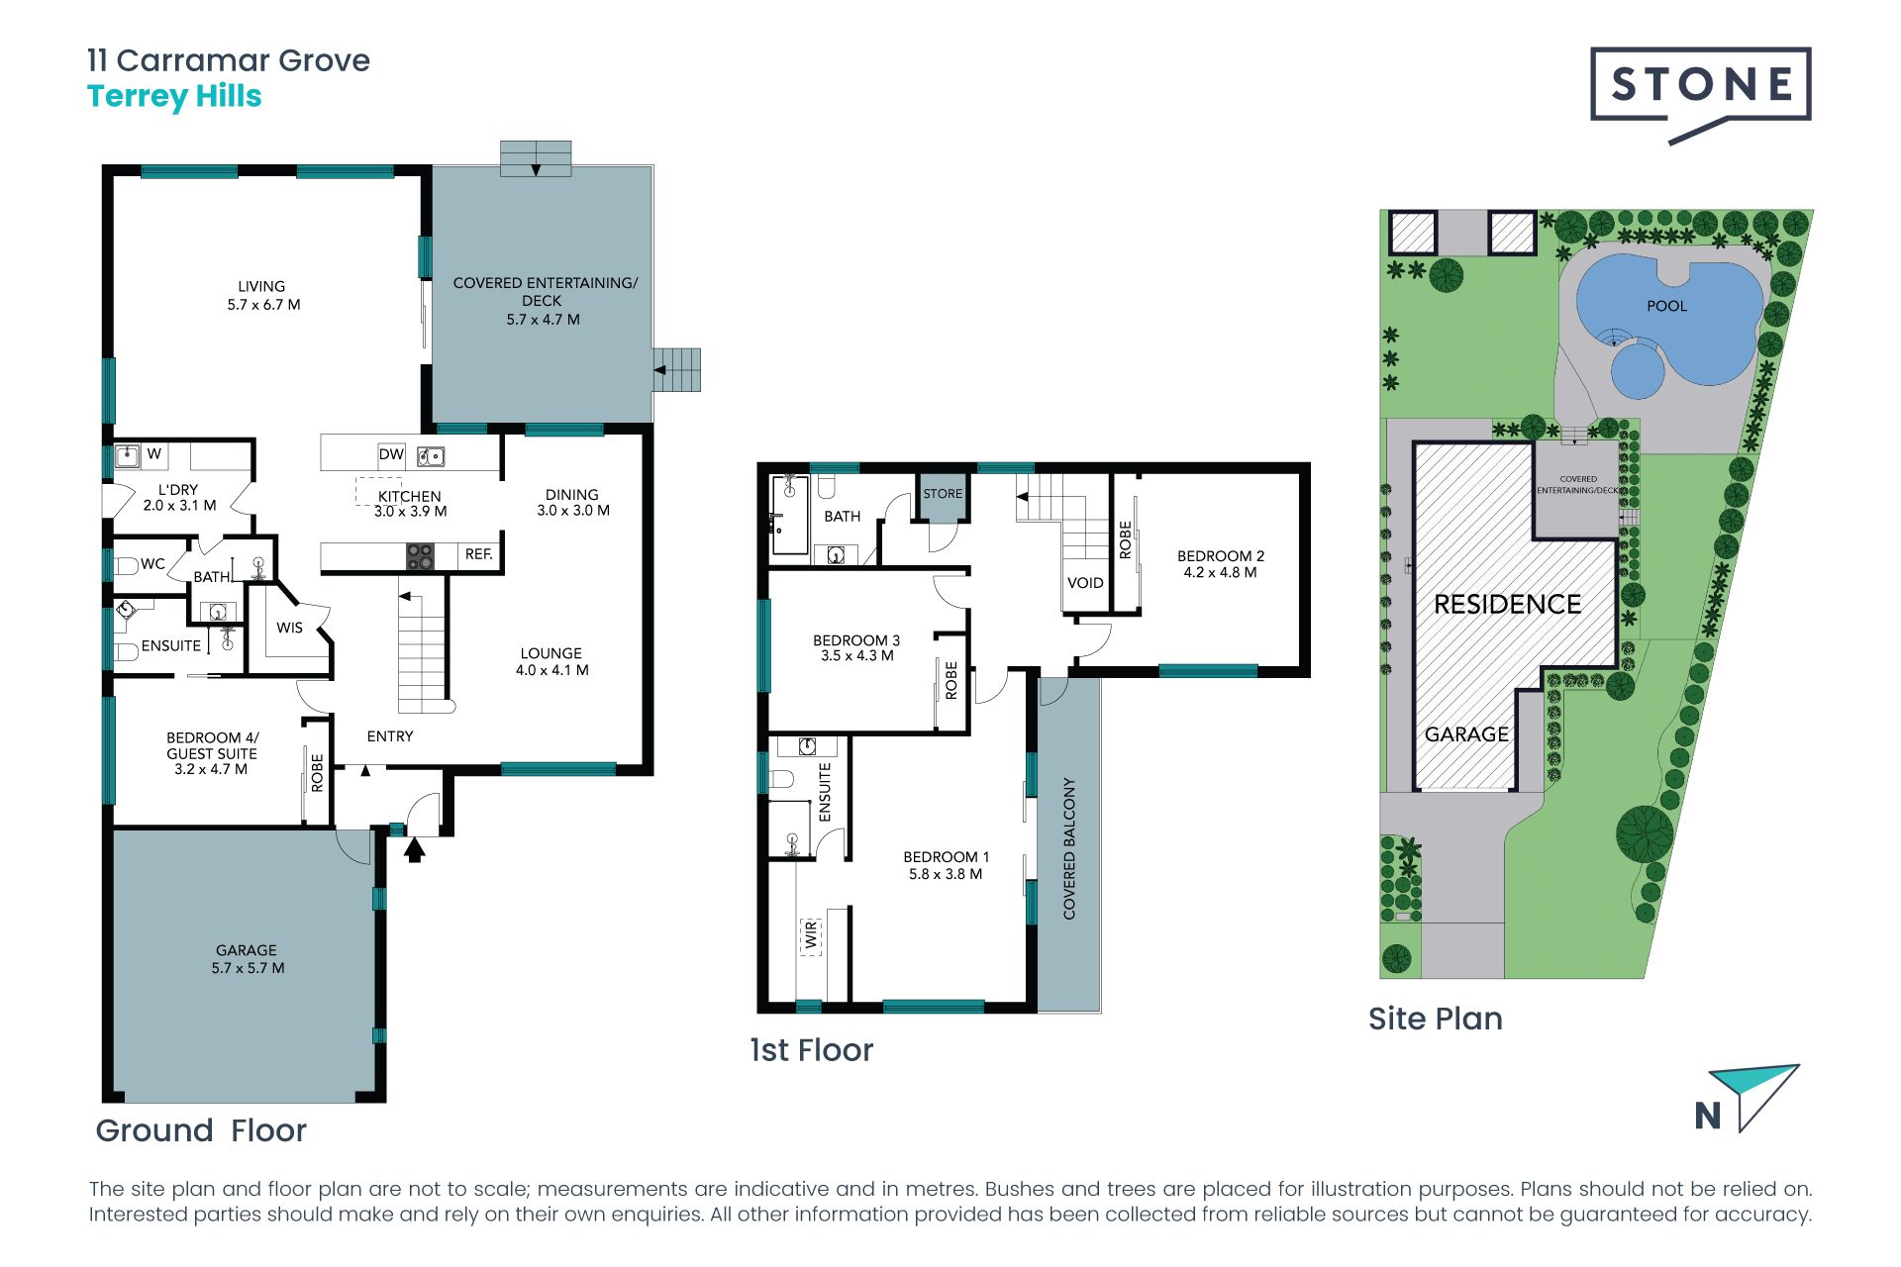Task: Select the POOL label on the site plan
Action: click(x=1666, y=306)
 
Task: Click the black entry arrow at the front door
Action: click(x=415, y=849)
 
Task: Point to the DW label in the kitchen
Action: click(x=391, y=454)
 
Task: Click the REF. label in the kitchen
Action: click(x=479, y=554)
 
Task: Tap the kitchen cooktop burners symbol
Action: click(x=420, y=556)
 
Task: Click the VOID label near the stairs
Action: click(x=1085, y=583)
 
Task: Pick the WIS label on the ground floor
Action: click(x=289, y=628)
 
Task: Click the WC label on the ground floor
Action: click(x=152, y=564)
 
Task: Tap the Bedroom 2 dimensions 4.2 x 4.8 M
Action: click(x=1220, y=572)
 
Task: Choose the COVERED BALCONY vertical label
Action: click(x=1069, y=848)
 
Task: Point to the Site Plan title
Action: click(x=1436, y=1019)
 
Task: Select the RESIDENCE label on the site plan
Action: click(x=1507, y=604)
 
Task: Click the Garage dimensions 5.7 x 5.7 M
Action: click(x=248, y=968)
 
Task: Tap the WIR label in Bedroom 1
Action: click(x=811, y=934)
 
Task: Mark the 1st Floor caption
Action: click(x=812, y=1050)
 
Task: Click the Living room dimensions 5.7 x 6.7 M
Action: click(x=263, y=305)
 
